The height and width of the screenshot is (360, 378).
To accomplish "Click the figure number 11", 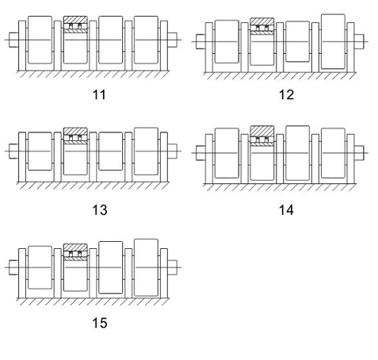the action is click(99, 94).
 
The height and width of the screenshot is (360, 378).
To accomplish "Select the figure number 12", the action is click(286, 94).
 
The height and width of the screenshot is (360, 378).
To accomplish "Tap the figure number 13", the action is click(100, 210).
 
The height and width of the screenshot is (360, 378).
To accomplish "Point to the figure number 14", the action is click(286, 210).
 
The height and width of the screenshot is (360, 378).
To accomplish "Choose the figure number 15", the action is click(100, 323).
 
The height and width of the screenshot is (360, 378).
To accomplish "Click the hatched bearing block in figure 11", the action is click(75, 25).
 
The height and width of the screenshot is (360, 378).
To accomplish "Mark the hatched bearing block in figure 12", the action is click(262, 26).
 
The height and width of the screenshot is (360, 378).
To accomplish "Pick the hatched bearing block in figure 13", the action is click(75, 136).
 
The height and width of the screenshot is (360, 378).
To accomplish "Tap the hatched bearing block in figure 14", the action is click(262, 136).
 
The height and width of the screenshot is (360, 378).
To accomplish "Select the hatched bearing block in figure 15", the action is click(75, 252).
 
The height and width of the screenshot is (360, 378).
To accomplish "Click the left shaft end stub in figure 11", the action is click(13, 40).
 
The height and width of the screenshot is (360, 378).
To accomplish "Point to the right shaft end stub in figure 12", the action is click(359, 41).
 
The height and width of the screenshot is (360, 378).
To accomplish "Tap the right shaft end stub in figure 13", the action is click(172, 151).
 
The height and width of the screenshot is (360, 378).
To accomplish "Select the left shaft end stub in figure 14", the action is click(200, 153).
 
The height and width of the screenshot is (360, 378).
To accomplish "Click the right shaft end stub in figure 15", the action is click(172, 267).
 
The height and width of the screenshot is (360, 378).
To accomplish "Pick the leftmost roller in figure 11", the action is click(40, 40).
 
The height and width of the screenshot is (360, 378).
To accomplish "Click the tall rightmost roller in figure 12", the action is click(333, 41).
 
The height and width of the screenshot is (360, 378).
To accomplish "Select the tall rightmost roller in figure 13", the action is click(146, 151).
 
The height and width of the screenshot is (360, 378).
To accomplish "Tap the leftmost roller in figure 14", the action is click(227, 153).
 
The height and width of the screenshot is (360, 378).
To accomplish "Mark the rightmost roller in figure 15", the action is click(146, 267).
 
